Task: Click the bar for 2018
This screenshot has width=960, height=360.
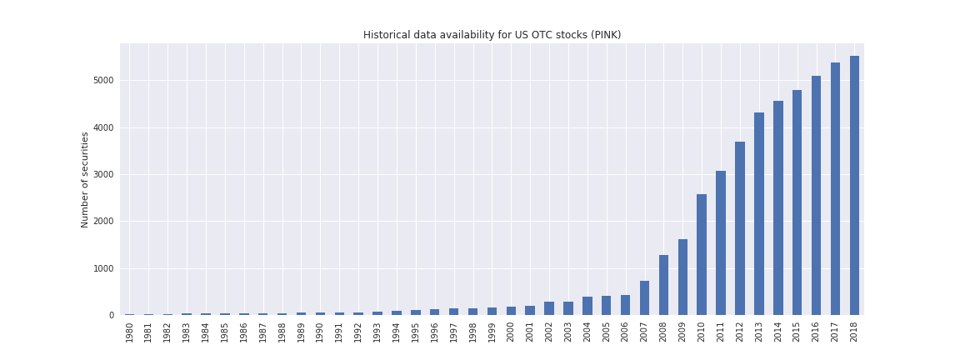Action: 854,185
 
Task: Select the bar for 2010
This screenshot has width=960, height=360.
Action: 702,254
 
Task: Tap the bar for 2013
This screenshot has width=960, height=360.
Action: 759,213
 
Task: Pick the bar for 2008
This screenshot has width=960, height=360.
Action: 663,285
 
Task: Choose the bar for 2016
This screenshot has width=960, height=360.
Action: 816,195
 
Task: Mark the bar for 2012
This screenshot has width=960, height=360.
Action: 740,228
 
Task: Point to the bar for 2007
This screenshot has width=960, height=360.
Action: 644,297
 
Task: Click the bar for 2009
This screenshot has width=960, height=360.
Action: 682,277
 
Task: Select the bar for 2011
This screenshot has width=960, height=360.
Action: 721,242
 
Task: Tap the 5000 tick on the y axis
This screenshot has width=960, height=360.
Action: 103,81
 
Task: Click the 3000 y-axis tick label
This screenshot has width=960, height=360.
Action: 103,175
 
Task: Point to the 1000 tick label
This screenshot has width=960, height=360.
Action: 103,268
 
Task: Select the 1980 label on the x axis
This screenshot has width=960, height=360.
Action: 130,332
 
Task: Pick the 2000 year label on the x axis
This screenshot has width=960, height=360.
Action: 511,332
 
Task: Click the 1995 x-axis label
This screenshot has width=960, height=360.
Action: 416,332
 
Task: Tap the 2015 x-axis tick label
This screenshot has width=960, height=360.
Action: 797,332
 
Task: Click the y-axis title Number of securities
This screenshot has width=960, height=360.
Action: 85,179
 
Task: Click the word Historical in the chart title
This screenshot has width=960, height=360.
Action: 386,35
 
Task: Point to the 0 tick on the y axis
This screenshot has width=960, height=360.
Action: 111,315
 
